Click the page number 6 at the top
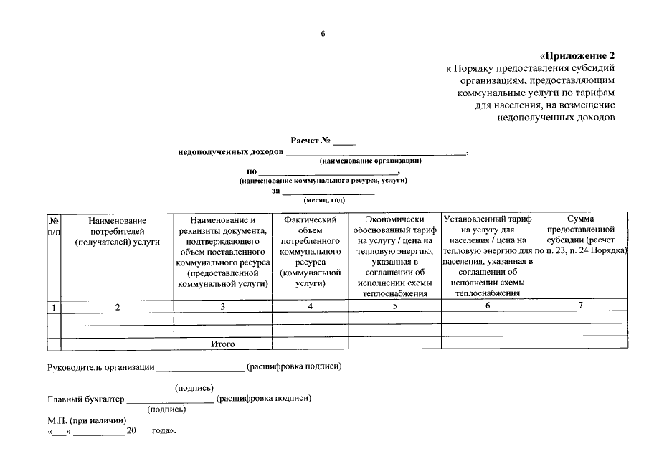pos(323,34)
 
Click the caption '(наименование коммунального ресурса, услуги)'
pos(323,181)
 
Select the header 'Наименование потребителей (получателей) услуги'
pos(117,232)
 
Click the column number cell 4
pos(310,307)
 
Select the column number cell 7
pos(581,307)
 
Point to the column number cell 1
pos(54,307)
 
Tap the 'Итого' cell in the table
pos(223,344)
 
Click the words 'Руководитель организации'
pos(100,368)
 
